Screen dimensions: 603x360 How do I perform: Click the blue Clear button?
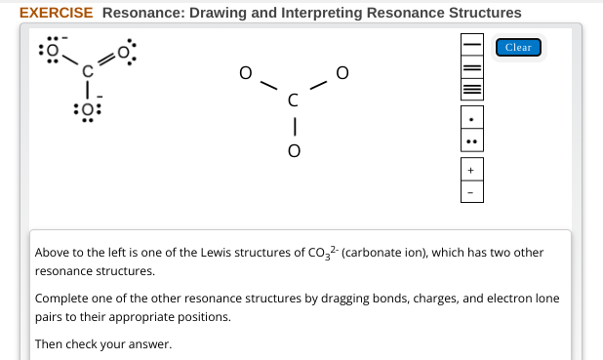(x=518, y=48)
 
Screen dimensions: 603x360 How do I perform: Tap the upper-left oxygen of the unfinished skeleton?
(x=246, y=72)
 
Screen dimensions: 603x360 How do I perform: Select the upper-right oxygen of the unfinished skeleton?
(x=341, y=72)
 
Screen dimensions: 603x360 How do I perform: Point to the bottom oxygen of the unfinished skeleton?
(x=293, y=152)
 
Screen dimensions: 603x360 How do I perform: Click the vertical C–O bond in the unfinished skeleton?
(x=293, y=125)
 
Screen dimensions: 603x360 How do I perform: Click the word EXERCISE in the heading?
(x=57, y=13)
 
